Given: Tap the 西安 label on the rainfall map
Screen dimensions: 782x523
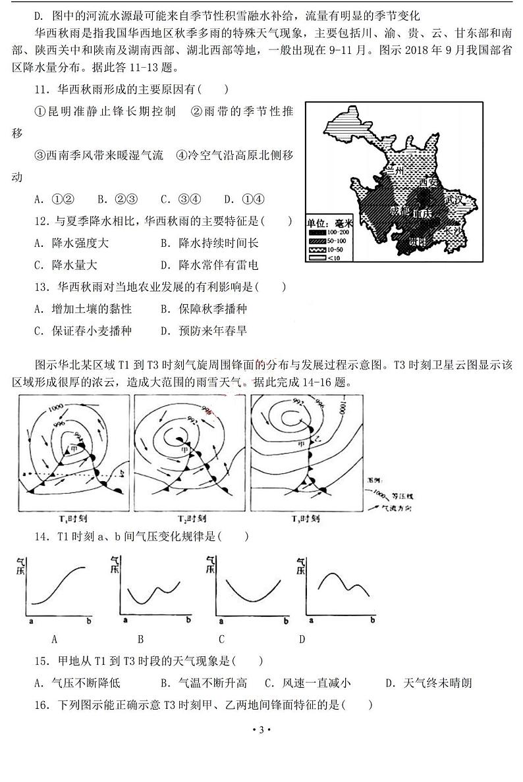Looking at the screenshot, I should (x=429, y=182).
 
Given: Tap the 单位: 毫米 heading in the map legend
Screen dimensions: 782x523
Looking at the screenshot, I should (x=330, y=223).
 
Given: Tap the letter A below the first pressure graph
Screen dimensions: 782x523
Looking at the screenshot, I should (x=55, y=639).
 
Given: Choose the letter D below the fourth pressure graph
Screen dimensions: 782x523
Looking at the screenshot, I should (x=302, y=639).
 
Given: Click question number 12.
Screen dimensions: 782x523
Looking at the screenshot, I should (x=42, y=222).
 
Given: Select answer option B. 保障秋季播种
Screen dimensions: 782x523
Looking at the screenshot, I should (x=203, y=309).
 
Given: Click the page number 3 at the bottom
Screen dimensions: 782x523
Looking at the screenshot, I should (x=261, y=730).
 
